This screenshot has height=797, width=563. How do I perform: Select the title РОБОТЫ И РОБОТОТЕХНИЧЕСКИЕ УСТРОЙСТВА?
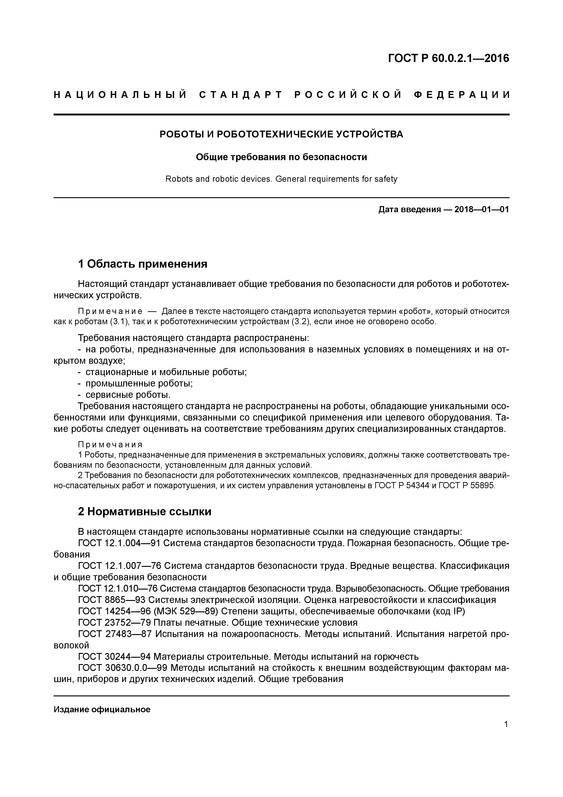281,134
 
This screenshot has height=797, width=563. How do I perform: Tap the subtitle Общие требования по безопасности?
281,157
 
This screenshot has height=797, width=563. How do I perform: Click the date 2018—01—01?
482,210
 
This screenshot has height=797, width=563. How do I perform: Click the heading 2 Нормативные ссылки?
145,512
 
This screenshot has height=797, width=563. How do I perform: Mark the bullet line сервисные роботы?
128,395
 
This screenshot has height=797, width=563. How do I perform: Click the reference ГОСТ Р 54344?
401,486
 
